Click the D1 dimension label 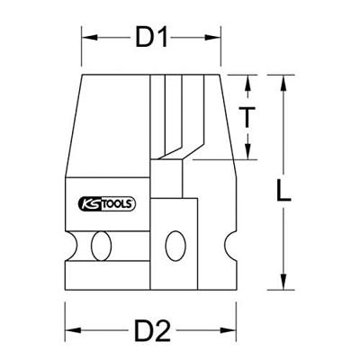pyautogui.click(x=153, y=39)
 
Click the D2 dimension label pyautogui.click(x=152, y=331)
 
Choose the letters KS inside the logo pyautogui.click(x=93, y=205)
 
